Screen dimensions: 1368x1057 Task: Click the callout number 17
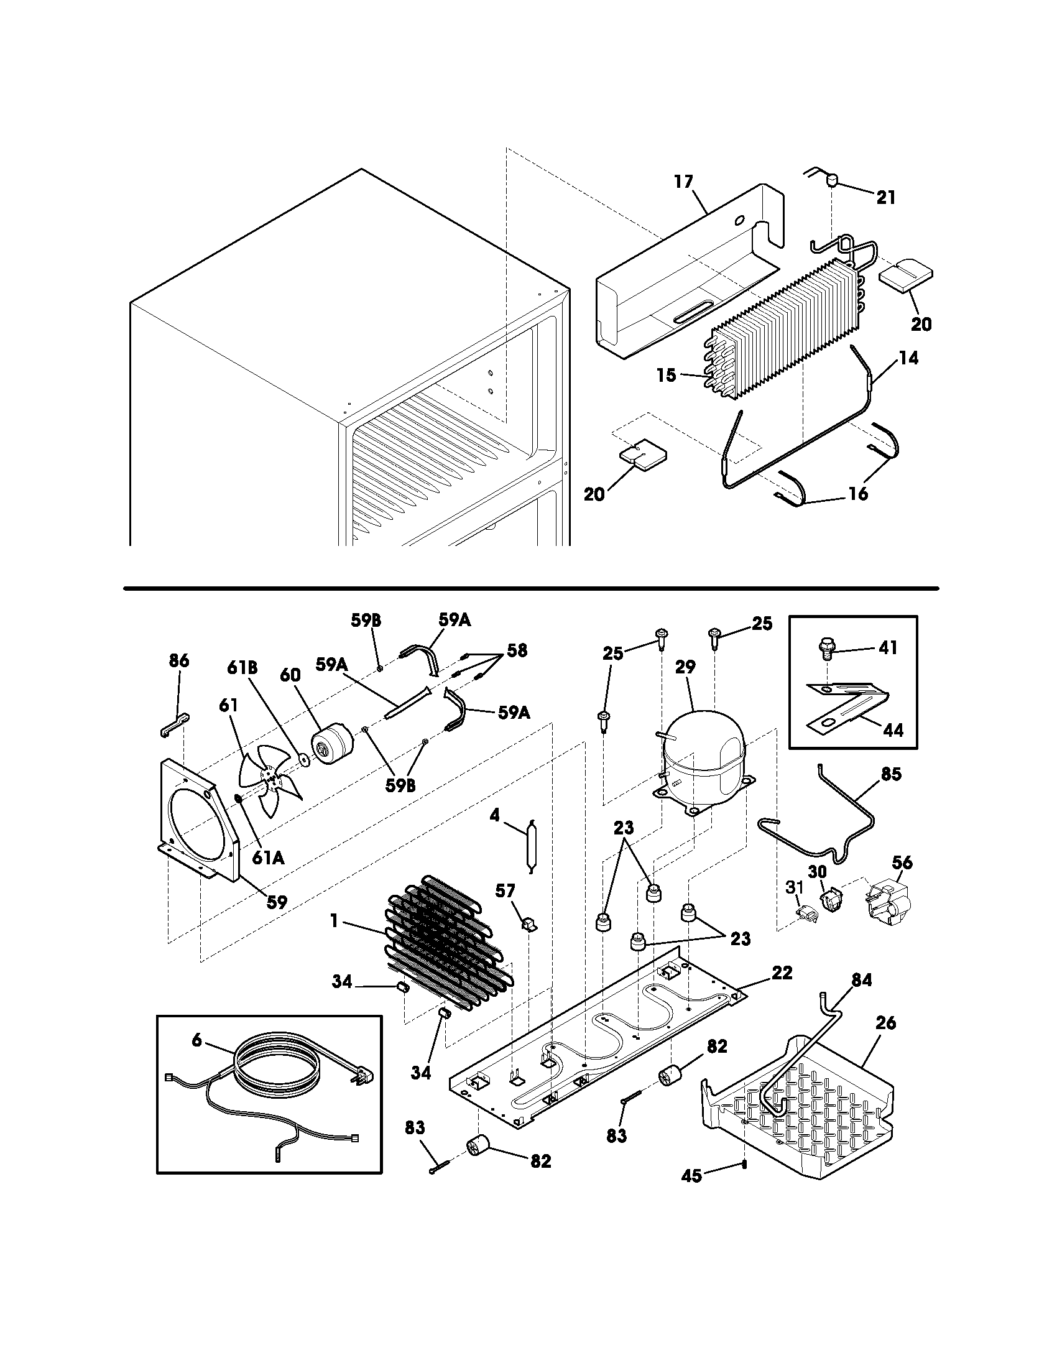click(684, 182)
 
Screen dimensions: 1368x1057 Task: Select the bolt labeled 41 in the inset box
click(826, 647)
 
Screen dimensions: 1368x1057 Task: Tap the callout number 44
click(893, 730)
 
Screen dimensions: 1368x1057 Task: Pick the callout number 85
click(891, 774)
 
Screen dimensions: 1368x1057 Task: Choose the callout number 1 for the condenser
click(335, 921)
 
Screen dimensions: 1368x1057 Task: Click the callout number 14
click(908, 358)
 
